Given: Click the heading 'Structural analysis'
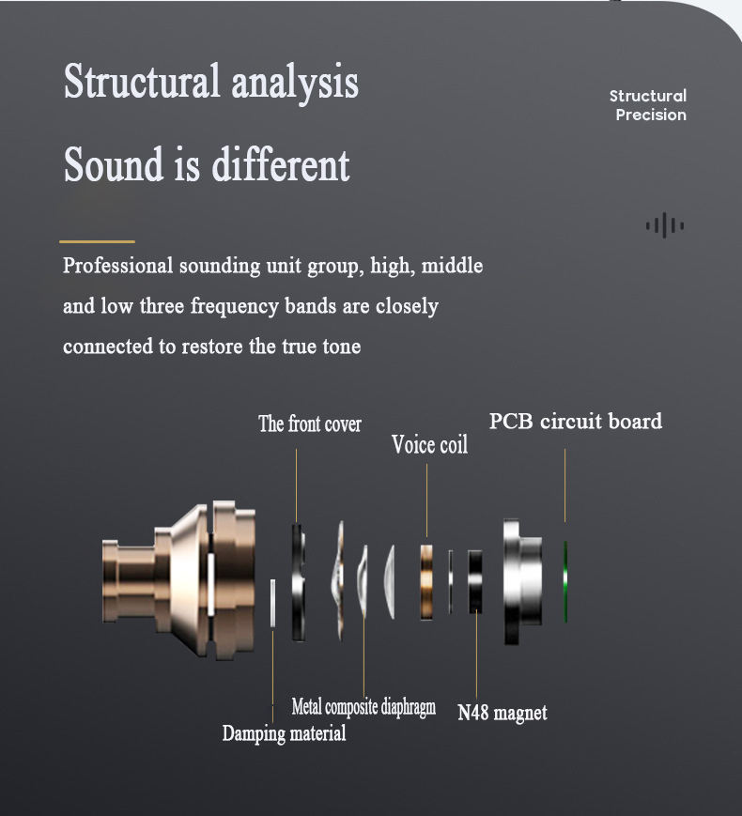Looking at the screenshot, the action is pos(211,82).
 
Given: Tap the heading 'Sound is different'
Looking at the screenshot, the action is pos(207,165).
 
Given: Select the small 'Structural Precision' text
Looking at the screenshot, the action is pos(649,105).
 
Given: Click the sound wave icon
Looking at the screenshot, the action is pos(664,225).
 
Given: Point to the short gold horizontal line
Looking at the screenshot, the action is pos(97,241).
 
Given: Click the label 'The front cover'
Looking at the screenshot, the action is pos(310,424).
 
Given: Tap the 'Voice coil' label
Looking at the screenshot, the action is pos(429,444).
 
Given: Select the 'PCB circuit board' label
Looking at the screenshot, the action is pos(575,421).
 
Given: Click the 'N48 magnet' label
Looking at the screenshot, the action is pos(502,713).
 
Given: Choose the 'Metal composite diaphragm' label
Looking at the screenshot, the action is pos(363,707).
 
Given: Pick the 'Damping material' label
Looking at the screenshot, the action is pos(284,733).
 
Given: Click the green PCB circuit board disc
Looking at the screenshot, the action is pos(566,581).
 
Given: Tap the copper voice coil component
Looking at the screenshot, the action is pos(427,580).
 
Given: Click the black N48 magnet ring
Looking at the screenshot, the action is pos(476,582).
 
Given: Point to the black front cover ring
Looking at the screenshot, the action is pos(298,582).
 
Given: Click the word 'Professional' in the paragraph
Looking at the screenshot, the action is pos(117,267).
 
